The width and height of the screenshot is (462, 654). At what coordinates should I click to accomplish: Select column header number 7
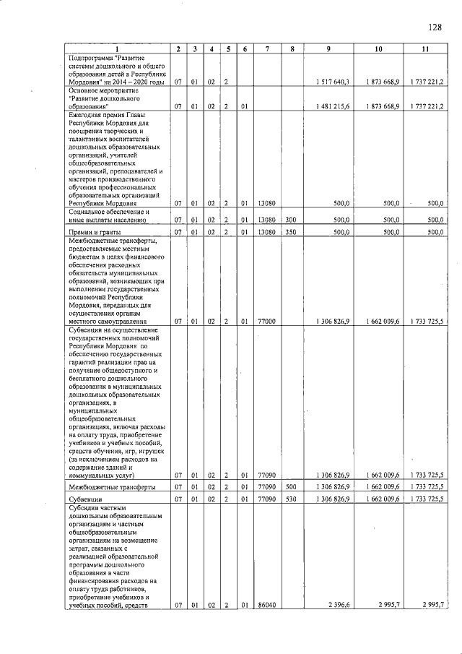point(267,49)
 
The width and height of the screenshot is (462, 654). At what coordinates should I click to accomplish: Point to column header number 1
point(117,49)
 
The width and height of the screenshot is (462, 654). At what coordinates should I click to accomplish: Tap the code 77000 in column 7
point(266,320)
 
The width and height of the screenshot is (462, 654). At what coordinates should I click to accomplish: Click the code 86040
point(266,605)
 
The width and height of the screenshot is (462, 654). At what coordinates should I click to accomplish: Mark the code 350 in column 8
point(291,232)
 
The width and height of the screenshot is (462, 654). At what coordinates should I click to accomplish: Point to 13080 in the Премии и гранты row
point(266,232)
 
